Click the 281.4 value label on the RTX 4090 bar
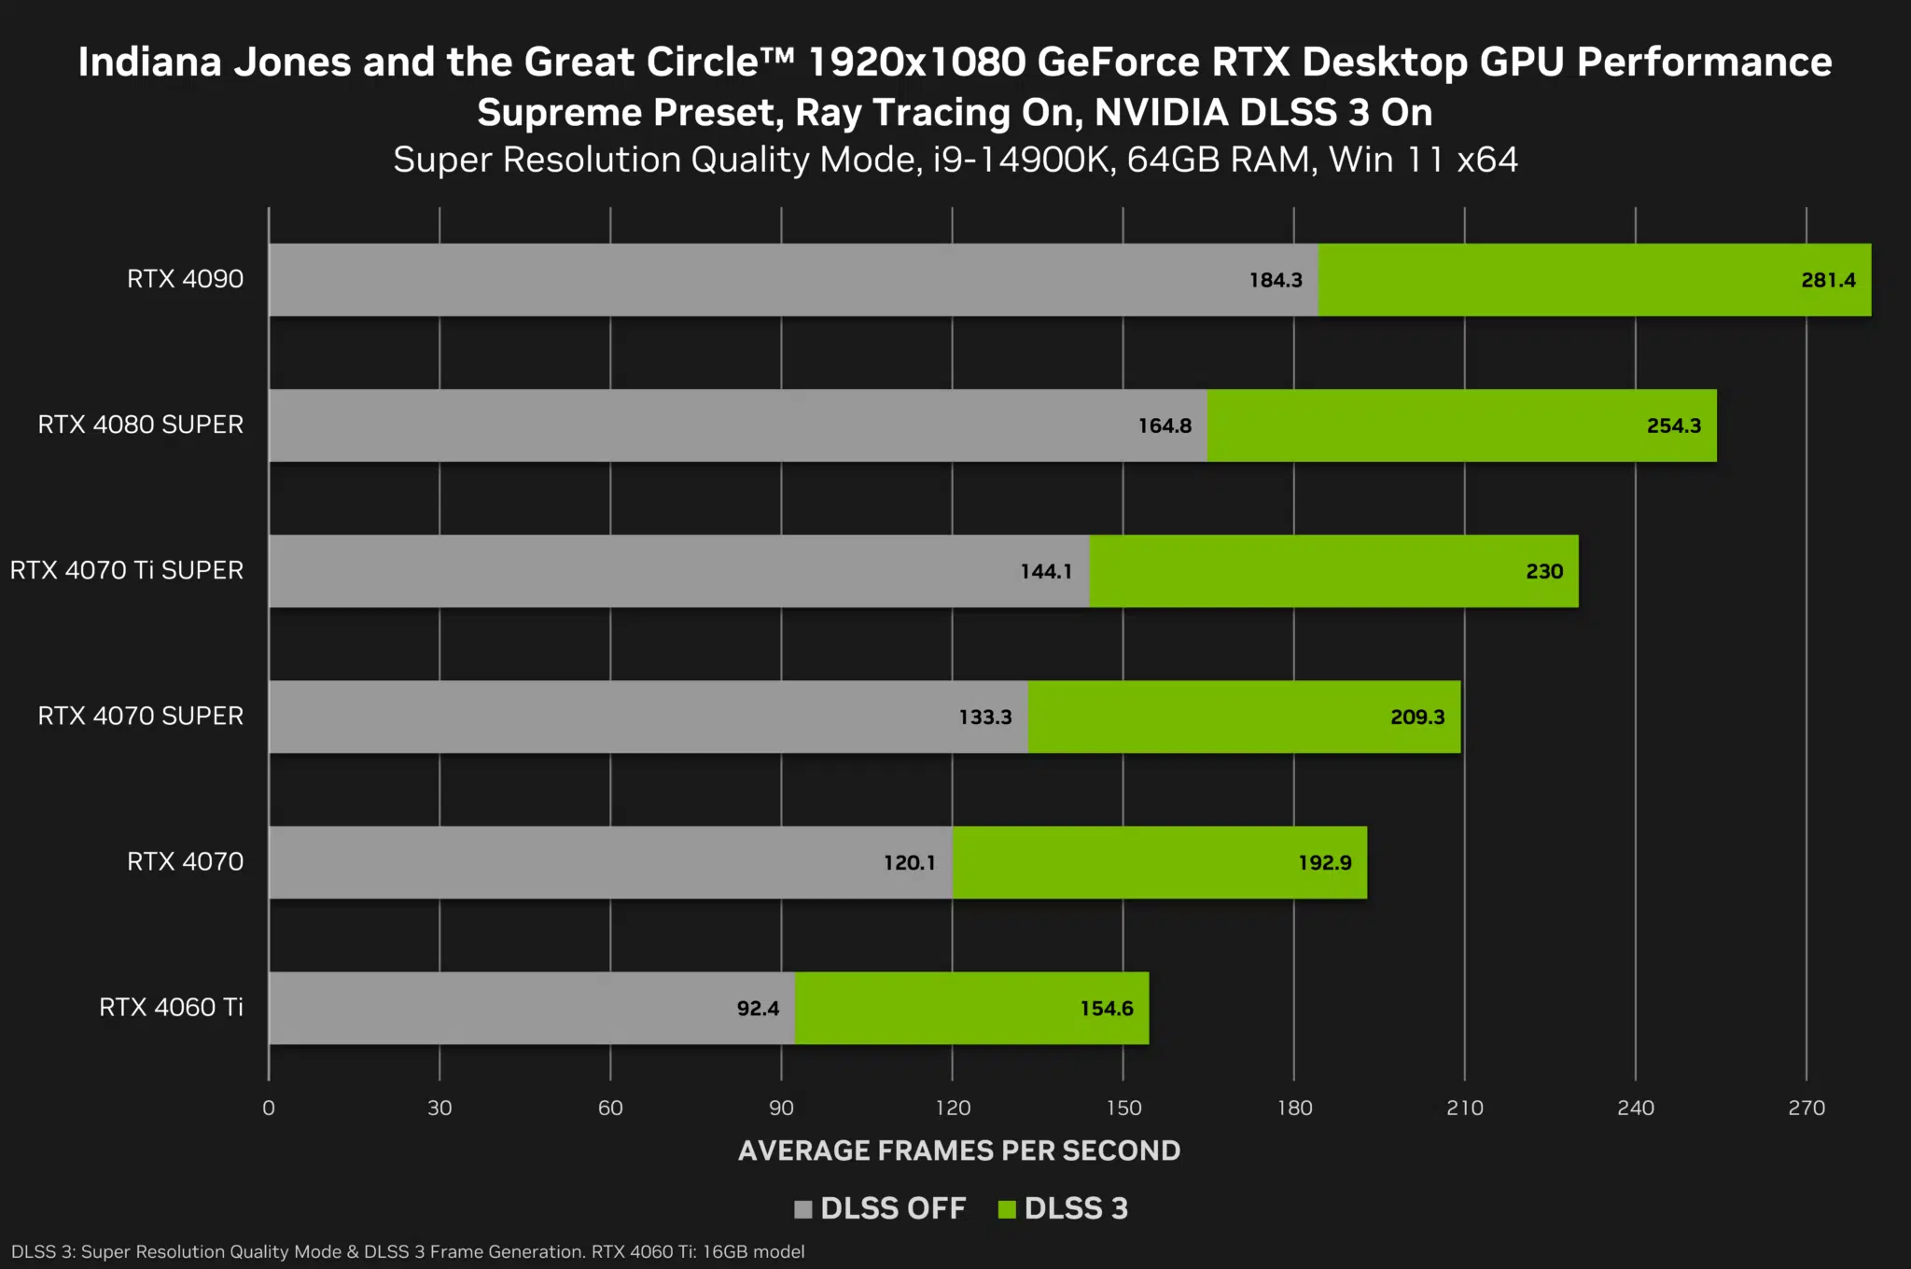pos(1827,280)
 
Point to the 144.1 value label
pos(1045,571)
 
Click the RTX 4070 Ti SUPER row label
pos(127,570)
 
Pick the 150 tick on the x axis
pos(1123,1108)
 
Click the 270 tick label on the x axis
pos(1806,1108)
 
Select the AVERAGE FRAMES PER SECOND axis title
pos(958,1150)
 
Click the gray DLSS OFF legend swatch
pos(802,1209)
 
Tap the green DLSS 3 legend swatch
pos(1006,1209)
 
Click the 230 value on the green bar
pos(1543,571)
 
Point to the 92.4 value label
pos(757,1008)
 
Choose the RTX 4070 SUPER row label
pos(140,716)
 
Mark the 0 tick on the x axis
pos(269,1108)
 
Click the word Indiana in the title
pos(149,62)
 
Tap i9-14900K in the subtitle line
pos(1023,160)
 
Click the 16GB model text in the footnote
pos(753,1251)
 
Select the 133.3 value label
pos(984,717)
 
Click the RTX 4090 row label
pos(185,279)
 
